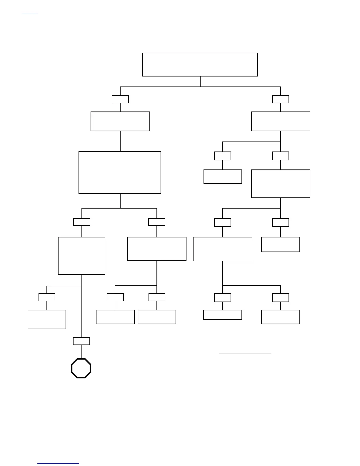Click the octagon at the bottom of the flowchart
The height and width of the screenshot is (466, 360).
tap(81, 368)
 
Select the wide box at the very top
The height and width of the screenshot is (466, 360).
tap(200, 64)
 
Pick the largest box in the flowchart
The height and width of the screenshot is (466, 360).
tap(120, 172)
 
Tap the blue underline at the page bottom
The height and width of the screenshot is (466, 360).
tap(58, 464)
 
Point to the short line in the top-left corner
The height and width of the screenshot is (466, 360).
tap(29, 14)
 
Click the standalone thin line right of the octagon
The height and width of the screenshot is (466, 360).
tap(245, 354)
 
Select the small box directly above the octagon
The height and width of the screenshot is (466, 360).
tap(81, 341)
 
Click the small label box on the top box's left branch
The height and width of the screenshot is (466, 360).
tap(120, 99)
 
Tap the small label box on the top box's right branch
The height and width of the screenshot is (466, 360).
tap(280, 99)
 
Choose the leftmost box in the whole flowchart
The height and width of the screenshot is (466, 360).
tap(47, 319)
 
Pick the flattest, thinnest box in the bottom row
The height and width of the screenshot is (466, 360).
tap(222, 314)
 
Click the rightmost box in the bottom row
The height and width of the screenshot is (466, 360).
tap(280, 317)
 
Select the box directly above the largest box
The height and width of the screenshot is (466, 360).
tap(120, 121)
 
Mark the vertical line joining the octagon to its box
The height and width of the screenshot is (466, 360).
tap(81, 352)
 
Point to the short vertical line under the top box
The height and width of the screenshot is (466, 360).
tap(200, 81)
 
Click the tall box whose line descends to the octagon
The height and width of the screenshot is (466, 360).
tap(81, 256)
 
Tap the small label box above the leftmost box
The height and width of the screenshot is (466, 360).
tap(47, 297)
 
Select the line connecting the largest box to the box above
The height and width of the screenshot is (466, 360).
tap(120, 141)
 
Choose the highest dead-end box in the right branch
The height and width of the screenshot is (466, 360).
tap(223, 177)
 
